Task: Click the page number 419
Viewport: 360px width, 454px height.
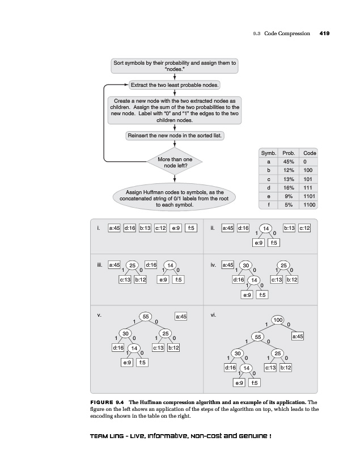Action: pyautogui.click(x=325, y=33)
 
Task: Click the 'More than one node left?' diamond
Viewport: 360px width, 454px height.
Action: pyautogui.click(x=175, y=163)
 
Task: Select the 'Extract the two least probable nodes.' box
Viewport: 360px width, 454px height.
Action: pyautogui.click(x=175, y=85)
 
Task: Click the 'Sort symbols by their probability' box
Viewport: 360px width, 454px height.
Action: pyautogui.click(x=175, y=65)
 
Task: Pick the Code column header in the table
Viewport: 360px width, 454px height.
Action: pyautogui.click(x=310, y=153)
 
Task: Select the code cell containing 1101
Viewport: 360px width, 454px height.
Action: pyautogui.click(x=310, y=196)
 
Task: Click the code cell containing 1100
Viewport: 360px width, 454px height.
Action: pyautogui.click(x=310, y=204)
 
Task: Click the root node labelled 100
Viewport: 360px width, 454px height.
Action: pyautogui.click(x=278, y=321)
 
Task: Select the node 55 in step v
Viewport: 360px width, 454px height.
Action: pyautogui.click(x=146, y=316)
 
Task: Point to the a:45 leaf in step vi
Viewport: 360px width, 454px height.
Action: pyautogui.click(x=297, y=337)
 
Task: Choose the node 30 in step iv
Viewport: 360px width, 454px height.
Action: pyautogui.click(x=245, y=264)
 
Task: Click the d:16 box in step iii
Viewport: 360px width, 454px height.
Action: pyautogui.click(x=151, y=264)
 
